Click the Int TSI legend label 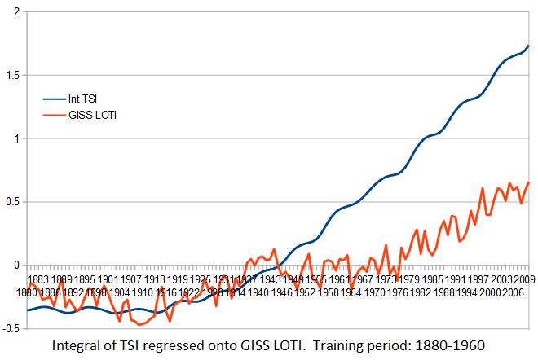[x=83, y=99]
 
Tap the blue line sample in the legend [x=54, y=99]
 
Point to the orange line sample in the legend [x=54, y=115]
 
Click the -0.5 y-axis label [x=10, y=328]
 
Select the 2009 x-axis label [x=524, y=280]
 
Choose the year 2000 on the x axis [x=489, y=292]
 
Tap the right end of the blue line [x=528, y=46]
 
